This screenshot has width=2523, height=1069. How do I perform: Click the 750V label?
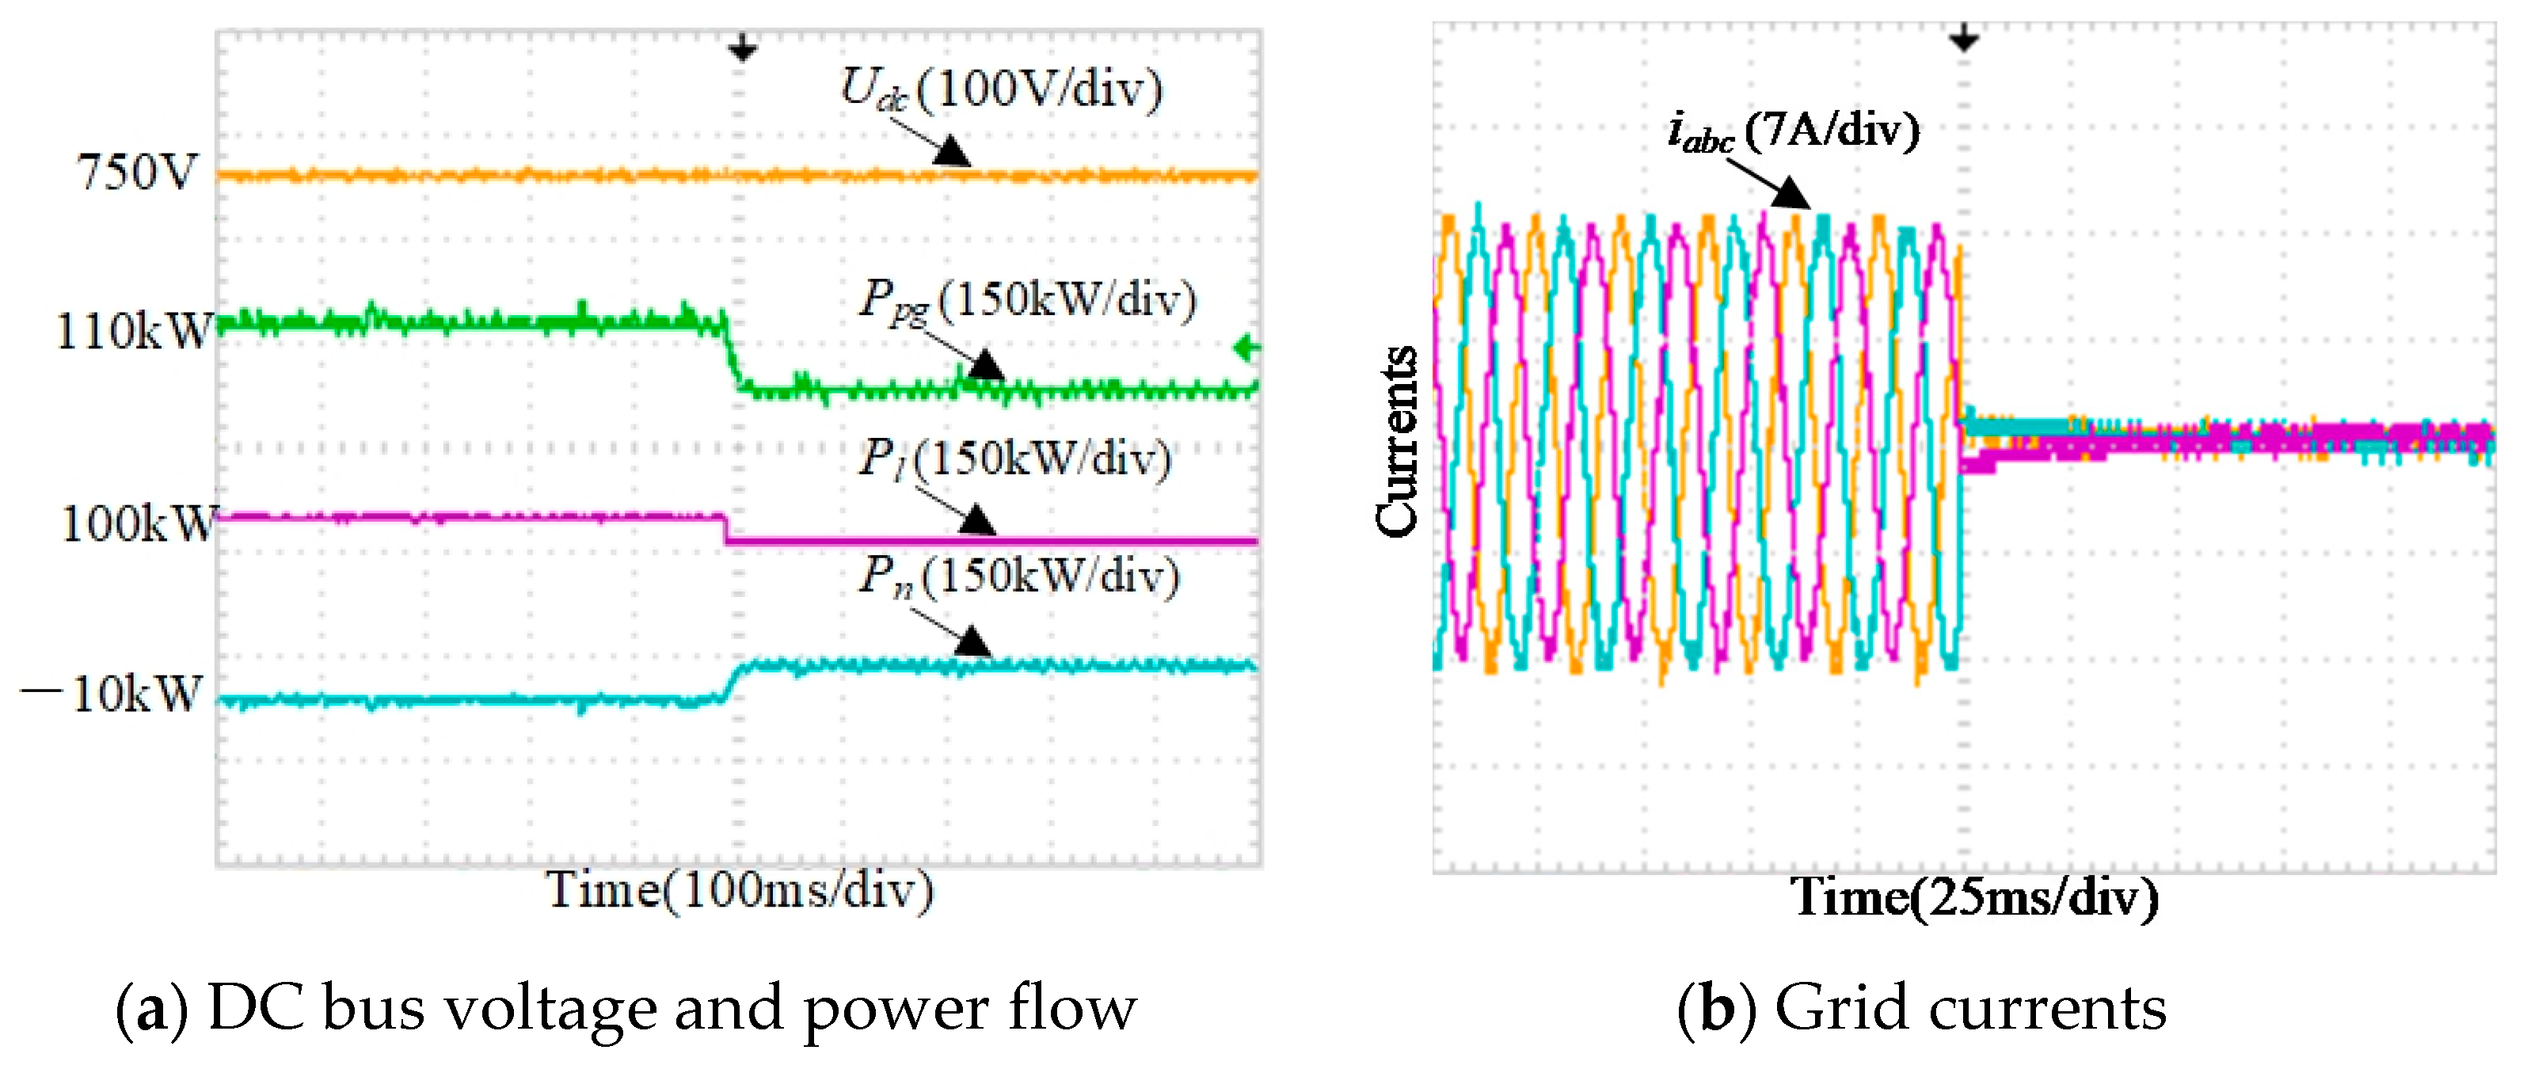click(137, 173)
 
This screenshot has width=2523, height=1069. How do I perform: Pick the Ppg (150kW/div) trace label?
click(1027, 299)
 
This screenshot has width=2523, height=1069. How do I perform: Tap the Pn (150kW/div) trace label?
click(1018, 576)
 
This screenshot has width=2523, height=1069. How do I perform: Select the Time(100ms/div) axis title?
click(740, 891)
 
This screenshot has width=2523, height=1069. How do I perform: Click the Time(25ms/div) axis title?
click(1974, 896)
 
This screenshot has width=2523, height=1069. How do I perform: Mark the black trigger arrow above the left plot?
click(742, 47)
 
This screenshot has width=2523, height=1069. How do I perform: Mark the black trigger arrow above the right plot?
click(1964, 39)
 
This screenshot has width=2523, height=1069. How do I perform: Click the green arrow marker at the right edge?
click(1246, 348)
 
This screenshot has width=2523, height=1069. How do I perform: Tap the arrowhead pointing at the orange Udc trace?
click(951, 153)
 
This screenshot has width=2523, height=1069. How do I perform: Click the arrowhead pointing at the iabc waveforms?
click(1791, 193)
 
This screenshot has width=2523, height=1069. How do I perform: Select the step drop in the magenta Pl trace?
click(725, 529)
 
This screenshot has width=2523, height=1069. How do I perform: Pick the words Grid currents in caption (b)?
click(1969, 1008)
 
